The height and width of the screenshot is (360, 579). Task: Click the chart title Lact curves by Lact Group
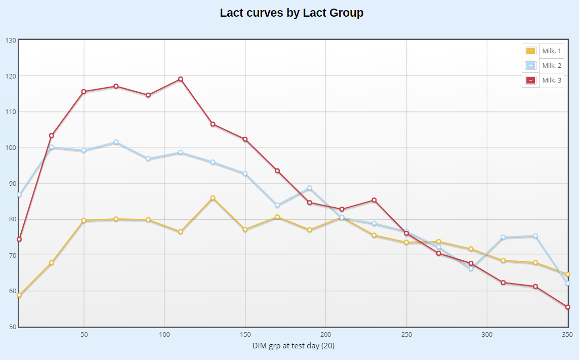tap(292, 13)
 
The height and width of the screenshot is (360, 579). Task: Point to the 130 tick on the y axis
tap(11, 40)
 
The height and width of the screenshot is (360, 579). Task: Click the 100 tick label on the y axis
tap(11, 147)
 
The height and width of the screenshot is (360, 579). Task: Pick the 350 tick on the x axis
tap(567, 335)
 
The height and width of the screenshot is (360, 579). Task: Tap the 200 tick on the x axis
tap(325, 335)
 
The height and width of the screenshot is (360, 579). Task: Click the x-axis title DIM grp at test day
tap(294, 346)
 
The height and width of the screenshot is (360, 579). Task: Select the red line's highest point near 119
tap(180, 79)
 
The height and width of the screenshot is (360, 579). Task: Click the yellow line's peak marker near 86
tap(213, 198)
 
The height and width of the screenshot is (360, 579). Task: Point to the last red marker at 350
tap(568, 307)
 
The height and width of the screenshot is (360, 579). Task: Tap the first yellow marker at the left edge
tap(19, 295)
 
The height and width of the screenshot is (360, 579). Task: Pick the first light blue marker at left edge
tap(19, 194)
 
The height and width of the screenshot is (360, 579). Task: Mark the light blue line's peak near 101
tap(116, 142)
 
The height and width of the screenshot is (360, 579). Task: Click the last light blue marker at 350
tap(568, 283)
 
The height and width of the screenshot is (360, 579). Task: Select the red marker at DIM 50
tap(84, 92)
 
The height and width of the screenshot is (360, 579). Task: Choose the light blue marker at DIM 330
tap(535, 236)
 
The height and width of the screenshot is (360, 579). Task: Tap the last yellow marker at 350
tap(568, 274)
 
